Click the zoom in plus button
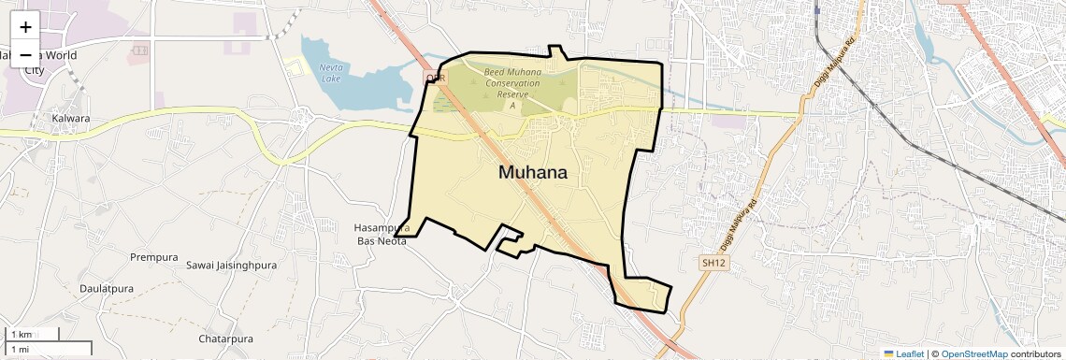[x=25, y=26]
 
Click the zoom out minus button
[x=25, y=54]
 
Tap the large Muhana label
[x=532, y=172]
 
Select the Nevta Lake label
[x=331, y=72]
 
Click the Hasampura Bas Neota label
[x=382, y=234]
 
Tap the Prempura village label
[x=154, y=257]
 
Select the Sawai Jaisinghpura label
[x=232, y=266]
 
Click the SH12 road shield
[x=713, y=264]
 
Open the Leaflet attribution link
[x=910, y=353]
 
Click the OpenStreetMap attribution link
[x=973, y=353]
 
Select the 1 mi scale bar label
[x=20, y=349]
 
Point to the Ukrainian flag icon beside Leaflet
[x=888, y=353]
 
